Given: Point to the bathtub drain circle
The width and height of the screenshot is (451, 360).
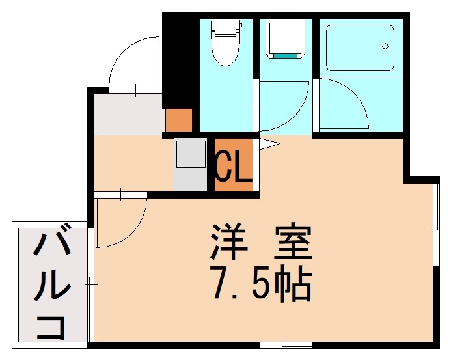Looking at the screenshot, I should (385, 46).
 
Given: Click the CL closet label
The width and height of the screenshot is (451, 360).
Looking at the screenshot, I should (233, 167).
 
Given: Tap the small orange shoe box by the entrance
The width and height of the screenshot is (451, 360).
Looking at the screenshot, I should (178, 120).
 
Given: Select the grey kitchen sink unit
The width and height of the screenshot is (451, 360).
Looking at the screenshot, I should (190, 165).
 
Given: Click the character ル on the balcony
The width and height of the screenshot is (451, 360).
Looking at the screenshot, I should (51, 286).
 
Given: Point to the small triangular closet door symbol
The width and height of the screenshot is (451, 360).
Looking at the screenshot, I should (269, 144).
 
